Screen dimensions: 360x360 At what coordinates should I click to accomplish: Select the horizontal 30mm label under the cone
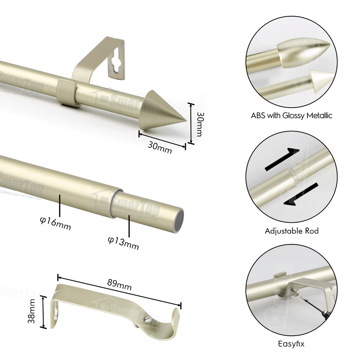click(x=160, y=147)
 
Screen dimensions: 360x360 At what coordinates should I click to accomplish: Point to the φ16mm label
click(x=55, y=223)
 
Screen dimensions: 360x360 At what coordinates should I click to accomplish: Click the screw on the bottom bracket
click(x=147, y=320)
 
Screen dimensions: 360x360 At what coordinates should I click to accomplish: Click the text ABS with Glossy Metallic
click(x=292, y=116)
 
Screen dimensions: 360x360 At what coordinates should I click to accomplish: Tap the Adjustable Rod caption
click(x=292, y=231)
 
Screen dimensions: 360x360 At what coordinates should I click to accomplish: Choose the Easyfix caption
click(x=292, y=345)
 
